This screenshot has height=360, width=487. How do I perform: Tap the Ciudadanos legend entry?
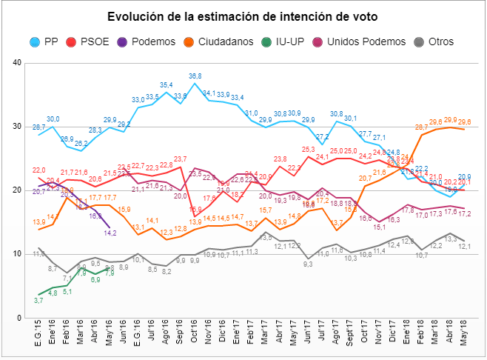click(x=224, y=42)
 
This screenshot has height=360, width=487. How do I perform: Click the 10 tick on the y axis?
click(x=16, y=254)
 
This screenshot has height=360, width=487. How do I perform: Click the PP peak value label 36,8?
click(x=195, y=76)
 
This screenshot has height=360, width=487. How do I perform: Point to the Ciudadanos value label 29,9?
click(x=450, y=119)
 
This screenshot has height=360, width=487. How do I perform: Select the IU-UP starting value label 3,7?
click(x=38, y=300)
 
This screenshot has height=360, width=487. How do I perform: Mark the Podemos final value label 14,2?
click(x=110, y=233)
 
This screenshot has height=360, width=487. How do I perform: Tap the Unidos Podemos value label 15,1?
click(x=379, y=227)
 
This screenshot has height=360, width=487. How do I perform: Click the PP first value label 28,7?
click(x=38, y=127)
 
